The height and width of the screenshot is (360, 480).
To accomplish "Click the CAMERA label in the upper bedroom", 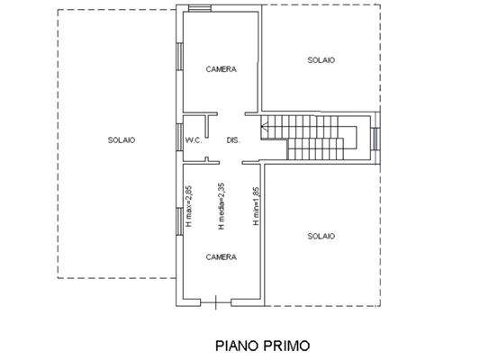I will [x=221, y=70].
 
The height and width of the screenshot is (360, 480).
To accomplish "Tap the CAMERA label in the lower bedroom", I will [x=221, y=256].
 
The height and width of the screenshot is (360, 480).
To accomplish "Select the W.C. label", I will [x=194, y=140].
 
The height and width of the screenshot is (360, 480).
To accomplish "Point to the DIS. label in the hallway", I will [x=232, y=140].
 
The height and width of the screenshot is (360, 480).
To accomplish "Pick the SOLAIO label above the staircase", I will [x=321, y=60].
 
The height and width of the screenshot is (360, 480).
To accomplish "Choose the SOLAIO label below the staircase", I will [x=321, y=236].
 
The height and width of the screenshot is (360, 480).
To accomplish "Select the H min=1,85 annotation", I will [x=257, y=205].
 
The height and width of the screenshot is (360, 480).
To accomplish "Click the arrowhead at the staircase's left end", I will [x=263, y=130].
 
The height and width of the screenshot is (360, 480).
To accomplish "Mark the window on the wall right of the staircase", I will [x=376, y=139].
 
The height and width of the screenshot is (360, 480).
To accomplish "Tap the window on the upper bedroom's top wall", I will [x=200, y=10].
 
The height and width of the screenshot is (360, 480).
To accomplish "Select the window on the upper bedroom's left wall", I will [x=178, y=58].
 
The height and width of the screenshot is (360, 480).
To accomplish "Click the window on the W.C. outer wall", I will [x=178, y=139].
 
